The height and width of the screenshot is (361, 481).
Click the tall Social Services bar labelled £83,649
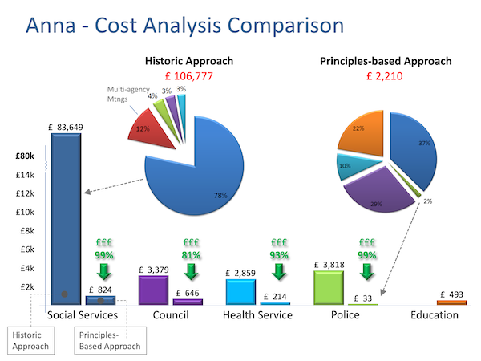coord(66,217)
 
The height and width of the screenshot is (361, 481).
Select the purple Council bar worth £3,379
coord(152,290)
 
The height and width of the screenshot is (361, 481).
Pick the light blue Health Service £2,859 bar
coord(240,292)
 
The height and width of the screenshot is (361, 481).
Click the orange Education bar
coord(451,302)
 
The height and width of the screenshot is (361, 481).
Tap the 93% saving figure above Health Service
coord(278,255)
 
